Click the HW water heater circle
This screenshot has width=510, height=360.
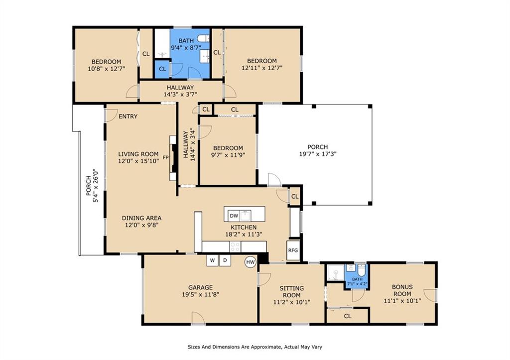click(251, 262)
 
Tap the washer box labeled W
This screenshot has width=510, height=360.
click(212, 260)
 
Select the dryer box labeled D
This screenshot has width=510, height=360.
click(225, 260)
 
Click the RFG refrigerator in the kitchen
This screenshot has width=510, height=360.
click(293, 250)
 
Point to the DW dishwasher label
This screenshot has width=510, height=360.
click(234, 216)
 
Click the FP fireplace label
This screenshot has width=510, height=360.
click(166, 158)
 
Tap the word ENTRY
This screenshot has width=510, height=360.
click(128, 117)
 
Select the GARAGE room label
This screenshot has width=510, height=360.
click(200, 287)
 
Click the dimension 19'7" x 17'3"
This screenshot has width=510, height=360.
click(318, 154)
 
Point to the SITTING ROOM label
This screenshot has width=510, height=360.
click(292, 291)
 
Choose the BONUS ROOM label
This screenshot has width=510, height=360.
click(402, 290)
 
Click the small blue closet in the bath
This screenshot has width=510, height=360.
click(162, 69)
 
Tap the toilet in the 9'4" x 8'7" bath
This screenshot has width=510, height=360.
click(204, 39)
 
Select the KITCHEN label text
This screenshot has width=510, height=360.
click(244, 228)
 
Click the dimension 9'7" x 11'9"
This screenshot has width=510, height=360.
click(228, 155)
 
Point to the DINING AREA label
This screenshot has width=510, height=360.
click(142, 218)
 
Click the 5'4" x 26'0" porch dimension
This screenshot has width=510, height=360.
click(96, 186)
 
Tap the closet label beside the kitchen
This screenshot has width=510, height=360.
click(295, 196)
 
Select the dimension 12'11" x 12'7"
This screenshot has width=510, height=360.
click(262, 68)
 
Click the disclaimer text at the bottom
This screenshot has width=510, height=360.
click(255, 347)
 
